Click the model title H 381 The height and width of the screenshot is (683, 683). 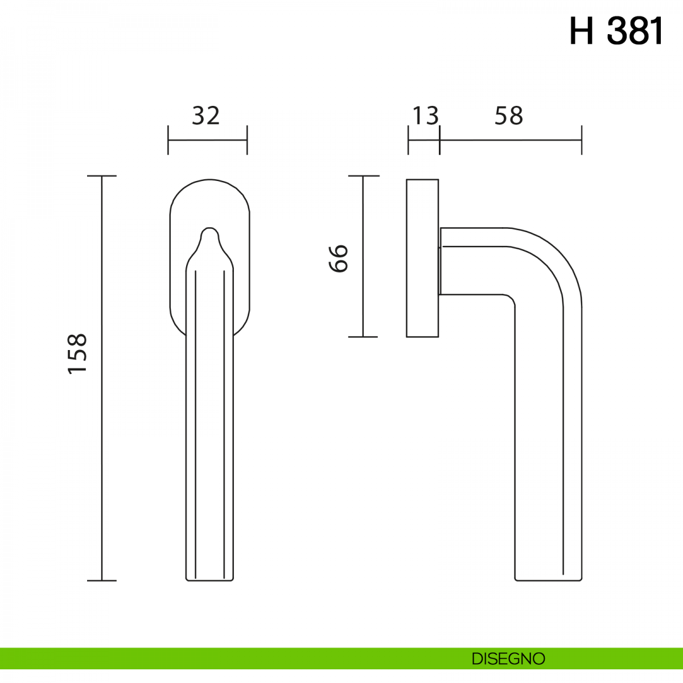616,31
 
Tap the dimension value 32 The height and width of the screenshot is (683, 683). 206,116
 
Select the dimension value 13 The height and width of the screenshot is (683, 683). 426,116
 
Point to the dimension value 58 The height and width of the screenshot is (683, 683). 509,116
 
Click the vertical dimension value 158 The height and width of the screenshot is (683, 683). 77,353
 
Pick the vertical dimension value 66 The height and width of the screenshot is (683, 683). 338,258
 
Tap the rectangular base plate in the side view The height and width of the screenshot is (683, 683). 422,258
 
